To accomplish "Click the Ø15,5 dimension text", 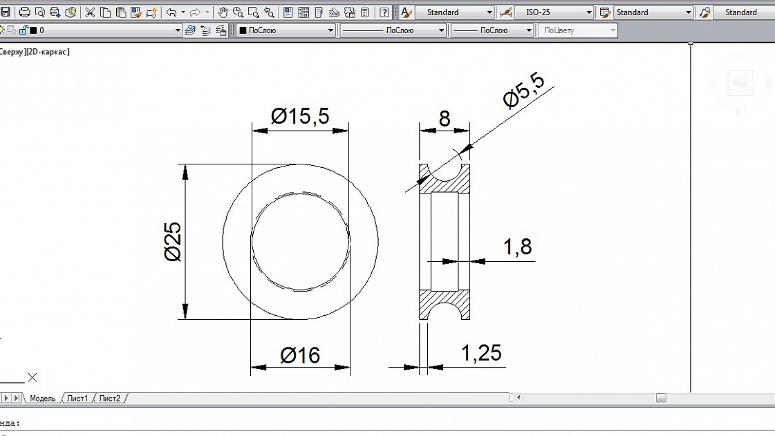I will click(x=300, y=116).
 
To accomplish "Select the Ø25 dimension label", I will click(x=173, y=242).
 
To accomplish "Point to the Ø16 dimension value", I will click(x=300, y=356).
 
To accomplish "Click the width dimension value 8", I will click(x=444, y=119).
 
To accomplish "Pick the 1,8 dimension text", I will click(x=517, y=247).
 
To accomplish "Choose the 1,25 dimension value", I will click(x=480, y=353).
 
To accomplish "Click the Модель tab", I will click(x=42, y=399).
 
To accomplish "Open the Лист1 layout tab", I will click(x=77, y=399).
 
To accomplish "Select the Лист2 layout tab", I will click(x=109, y=399).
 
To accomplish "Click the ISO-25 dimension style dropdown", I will click(x=554, y=12).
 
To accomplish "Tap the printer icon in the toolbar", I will click(x=25, y=12).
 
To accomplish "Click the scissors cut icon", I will click(x=90, y=12).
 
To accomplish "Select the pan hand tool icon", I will click(x=223, y=12).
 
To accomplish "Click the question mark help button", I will click(x=384, y=12).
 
